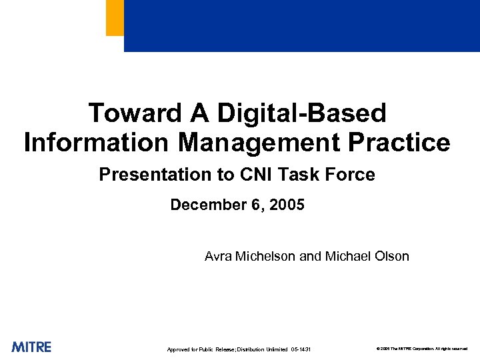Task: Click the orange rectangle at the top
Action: click(115, 17)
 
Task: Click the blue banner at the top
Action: click(301, 25)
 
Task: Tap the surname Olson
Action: click(393, 256)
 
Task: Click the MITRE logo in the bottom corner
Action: click(31, 347)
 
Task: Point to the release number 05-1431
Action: click(301, 349)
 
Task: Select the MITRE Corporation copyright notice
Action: click(421, 349)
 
